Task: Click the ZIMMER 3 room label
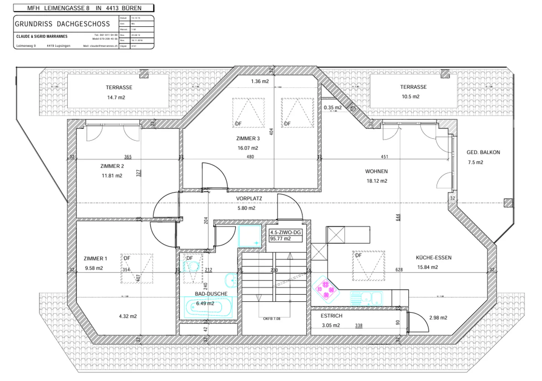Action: pos(248,138)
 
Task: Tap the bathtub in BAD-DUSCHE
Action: pos(208,307)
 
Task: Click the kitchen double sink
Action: pos(366,299)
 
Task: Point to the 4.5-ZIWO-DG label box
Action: pos(285,235)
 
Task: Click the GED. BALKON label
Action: pos(483,152)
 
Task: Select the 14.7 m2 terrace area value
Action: pos(116,97)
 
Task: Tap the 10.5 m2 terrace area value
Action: pos(410,97)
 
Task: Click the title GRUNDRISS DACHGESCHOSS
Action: pos(62,24)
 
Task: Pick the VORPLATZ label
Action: pos(249,199)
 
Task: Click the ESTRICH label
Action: pos(331,316)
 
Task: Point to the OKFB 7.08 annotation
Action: pos(271,319)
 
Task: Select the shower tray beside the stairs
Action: pos(250,236)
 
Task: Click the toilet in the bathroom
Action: pos(192,267)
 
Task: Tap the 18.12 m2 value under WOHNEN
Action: pos(377,181)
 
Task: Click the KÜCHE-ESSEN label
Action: pos(433,258)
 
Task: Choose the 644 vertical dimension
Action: pos(398,217)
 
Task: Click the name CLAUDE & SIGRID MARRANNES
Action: pos(42,36)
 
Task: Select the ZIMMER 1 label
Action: pos(95,258)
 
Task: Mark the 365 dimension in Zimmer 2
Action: pos(128,157)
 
